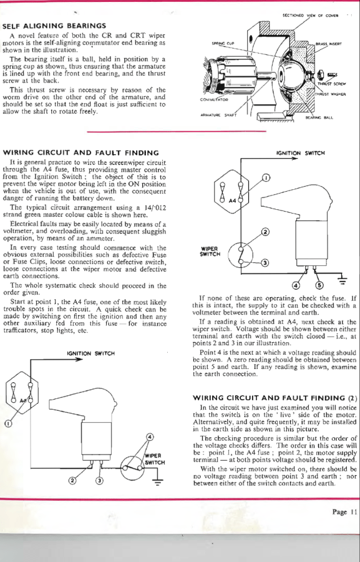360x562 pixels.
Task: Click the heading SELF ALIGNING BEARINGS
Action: point(54,26)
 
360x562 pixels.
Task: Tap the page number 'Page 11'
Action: point(344,512)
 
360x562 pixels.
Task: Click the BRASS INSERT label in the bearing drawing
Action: point(328,44)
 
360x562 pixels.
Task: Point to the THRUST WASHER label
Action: point(330,94)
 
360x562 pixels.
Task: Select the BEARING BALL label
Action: point(319,117)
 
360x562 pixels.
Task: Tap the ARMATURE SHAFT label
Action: point(218,115)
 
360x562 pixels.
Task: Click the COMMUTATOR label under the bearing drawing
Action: point(214,100)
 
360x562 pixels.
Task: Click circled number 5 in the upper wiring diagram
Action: point(318,285)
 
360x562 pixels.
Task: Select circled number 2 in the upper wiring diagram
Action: point(265,232)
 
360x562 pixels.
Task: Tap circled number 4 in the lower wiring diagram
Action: point(150,436)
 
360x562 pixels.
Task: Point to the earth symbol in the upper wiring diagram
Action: point(343,280)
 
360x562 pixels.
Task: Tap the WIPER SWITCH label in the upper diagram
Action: point(209,252)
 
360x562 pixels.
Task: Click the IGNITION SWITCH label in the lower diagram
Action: point(91,353)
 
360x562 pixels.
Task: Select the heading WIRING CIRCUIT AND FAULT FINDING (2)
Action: point(275,398)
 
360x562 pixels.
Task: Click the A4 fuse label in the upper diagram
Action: point(233,200)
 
